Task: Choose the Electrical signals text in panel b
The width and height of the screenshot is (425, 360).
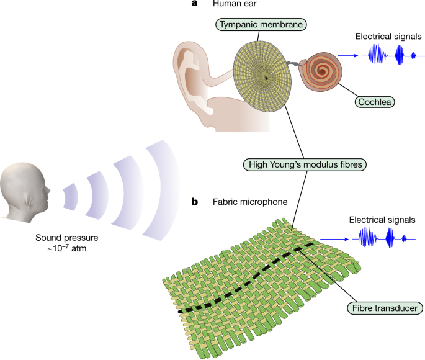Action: pyautogui.click(x=381, y=219)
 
